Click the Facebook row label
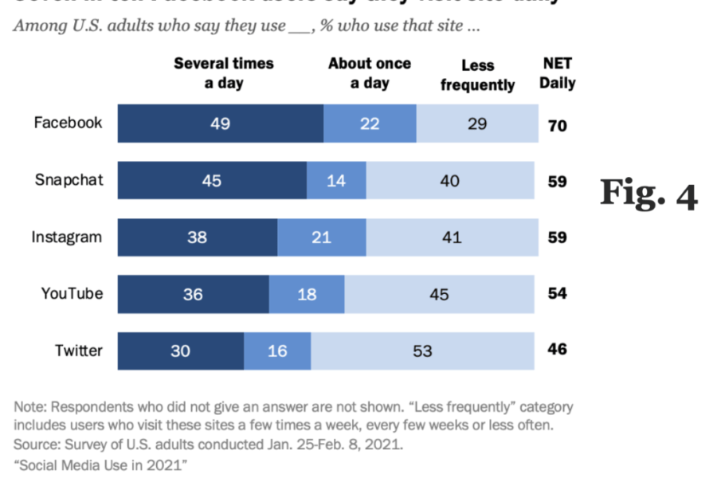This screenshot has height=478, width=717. point(68,123)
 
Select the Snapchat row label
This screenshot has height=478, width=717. point(69,180)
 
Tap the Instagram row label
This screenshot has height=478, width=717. point(67,237)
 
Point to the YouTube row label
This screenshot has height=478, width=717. point(72,293)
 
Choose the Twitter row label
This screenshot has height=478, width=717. point(78,350)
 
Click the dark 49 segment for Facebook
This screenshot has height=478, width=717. point(221,123)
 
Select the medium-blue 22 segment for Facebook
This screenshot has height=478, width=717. point(370,123)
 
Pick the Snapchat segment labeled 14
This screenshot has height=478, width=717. point(336,181)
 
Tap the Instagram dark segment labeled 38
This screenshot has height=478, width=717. point(198,237)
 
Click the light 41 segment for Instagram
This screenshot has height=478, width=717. point(451,237)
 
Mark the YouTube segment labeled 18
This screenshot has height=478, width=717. point(307,294)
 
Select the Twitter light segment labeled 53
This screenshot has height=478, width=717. point(422,351)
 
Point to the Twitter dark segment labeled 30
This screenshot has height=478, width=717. point(181,351)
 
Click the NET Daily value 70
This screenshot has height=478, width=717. point(558,125)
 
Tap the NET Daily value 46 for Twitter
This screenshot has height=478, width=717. point(558,350)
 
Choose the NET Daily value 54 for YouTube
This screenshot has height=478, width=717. point(558,294)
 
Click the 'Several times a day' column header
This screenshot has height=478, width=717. point(223,73)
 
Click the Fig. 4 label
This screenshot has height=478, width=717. point(648,194)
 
